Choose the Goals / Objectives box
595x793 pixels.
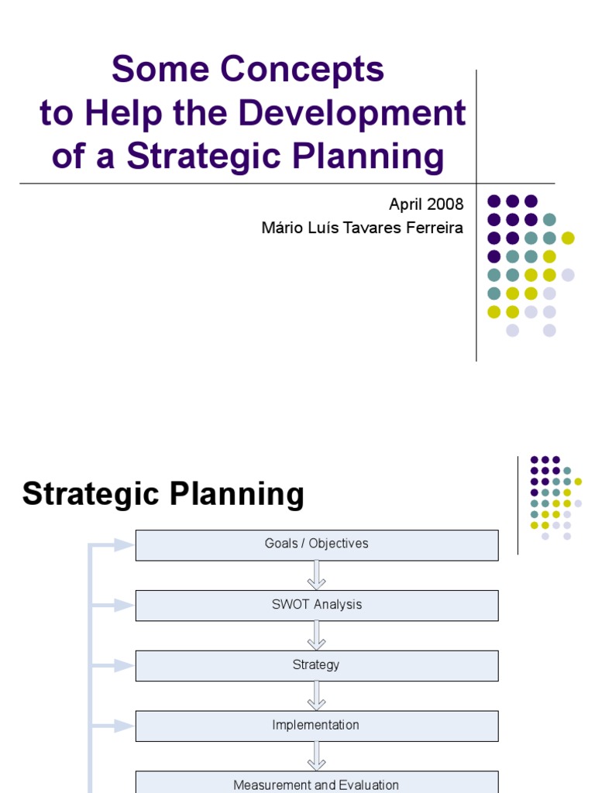pyautogui.click(x=317, y=544)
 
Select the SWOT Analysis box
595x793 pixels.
pyautogui.click(x=317, y=605)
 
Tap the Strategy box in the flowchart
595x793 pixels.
pyautogui.click(x=317, y=665)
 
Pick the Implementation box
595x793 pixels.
pyautogui.click(x=317, y=726)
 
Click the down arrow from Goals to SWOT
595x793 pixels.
pyautogui.click(x=317, y=575)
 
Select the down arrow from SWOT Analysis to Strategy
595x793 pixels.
pyautogui.click(x=317, y=636)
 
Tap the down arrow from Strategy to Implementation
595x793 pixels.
pyautogui.click(x=317, y=696)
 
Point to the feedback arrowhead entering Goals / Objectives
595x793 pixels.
pyautogui.click(x=124, y=544)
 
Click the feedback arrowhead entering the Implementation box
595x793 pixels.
pyautogui.click(x=124, y=726)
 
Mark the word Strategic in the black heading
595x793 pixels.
pyautogui.click(x=94, y=494)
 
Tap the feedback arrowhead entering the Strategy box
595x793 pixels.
pyautogui.click(x=124, y=665)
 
